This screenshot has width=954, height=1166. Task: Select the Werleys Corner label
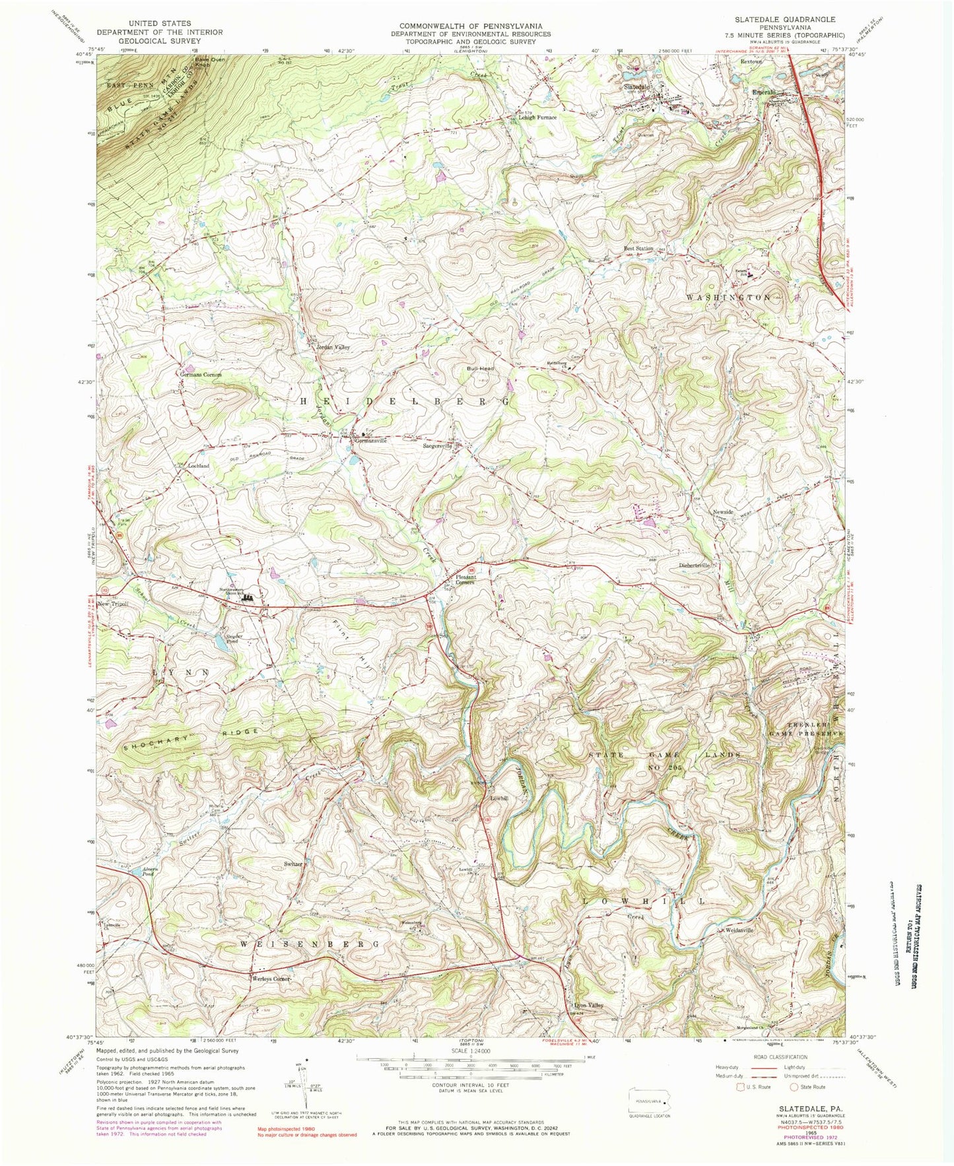coord(271,979)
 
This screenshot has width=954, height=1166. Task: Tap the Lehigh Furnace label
coord(537,117)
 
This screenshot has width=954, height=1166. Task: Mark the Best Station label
coord(638,249)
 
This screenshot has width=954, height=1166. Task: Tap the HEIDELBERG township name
coord(405,401)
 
